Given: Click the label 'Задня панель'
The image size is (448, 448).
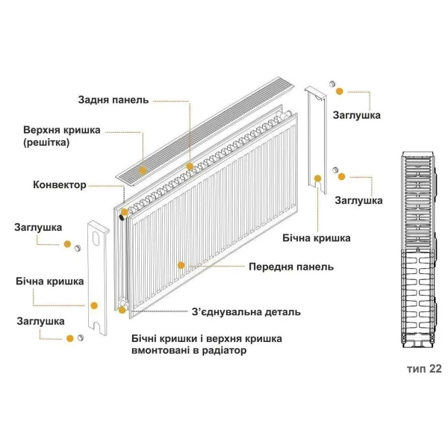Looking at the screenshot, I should click(113, 99).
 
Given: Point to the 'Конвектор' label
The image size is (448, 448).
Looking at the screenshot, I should click(60, 184).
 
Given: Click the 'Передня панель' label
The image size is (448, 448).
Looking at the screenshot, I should click(290, 267).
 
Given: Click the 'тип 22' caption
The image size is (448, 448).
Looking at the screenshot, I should click(424, 369).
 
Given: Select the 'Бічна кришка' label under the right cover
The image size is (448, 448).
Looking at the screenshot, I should click(317, 238).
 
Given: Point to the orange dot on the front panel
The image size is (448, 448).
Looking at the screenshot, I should click(181, 264).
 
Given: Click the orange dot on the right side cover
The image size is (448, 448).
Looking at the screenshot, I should click(318, 178).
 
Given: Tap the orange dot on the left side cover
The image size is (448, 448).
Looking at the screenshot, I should click(94, 305).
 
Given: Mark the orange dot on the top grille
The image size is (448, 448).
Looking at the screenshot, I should click(190, 166).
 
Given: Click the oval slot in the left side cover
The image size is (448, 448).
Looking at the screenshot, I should click(96, 240).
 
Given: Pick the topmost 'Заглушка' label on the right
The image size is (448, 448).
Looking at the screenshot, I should click(357, 116).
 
